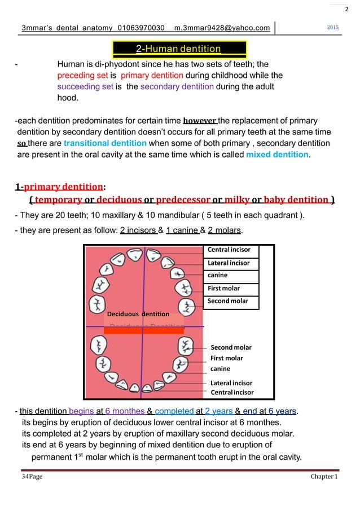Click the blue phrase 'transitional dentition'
pyautogui.click(x=106, y=143)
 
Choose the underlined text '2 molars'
pyautogui.click(x=224, y=230)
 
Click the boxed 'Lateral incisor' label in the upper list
pyautogui.click(x=228, y=263)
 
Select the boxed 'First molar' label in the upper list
pyautogui.click(x=224, y=288)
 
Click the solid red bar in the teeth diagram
pyautogui.click(x=144, y=331)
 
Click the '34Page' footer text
pyautogui.click(x=33, y=477)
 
